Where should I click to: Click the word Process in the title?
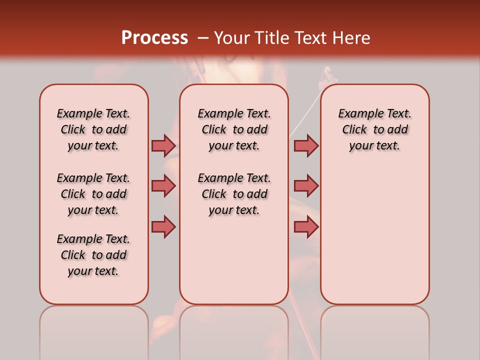coord(154,38)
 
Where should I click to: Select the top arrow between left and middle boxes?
coord(163,145)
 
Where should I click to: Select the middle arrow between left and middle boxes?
coord(163,186)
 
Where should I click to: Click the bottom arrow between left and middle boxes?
coord(163,226)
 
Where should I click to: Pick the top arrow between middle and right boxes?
coord(306,145)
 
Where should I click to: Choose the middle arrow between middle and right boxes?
coord(306,186)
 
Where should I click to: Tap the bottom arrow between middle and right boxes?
coord(306,226)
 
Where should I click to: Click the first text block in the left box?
coord(93,129)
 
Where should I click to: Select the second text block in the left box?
coord(93,194)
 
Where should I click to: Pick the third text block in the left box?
coord(93,255)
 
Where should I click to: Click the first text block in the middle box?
coord(234,129)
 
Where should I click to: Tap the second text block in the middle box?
coord(234,194)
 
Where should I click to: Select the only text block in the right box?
coord(374,129)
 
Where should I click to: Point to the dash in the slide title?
coord(203,38)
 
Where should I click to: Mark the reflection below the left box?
coord(94,330)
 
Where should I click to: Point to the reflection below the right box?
coord(374,330)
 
